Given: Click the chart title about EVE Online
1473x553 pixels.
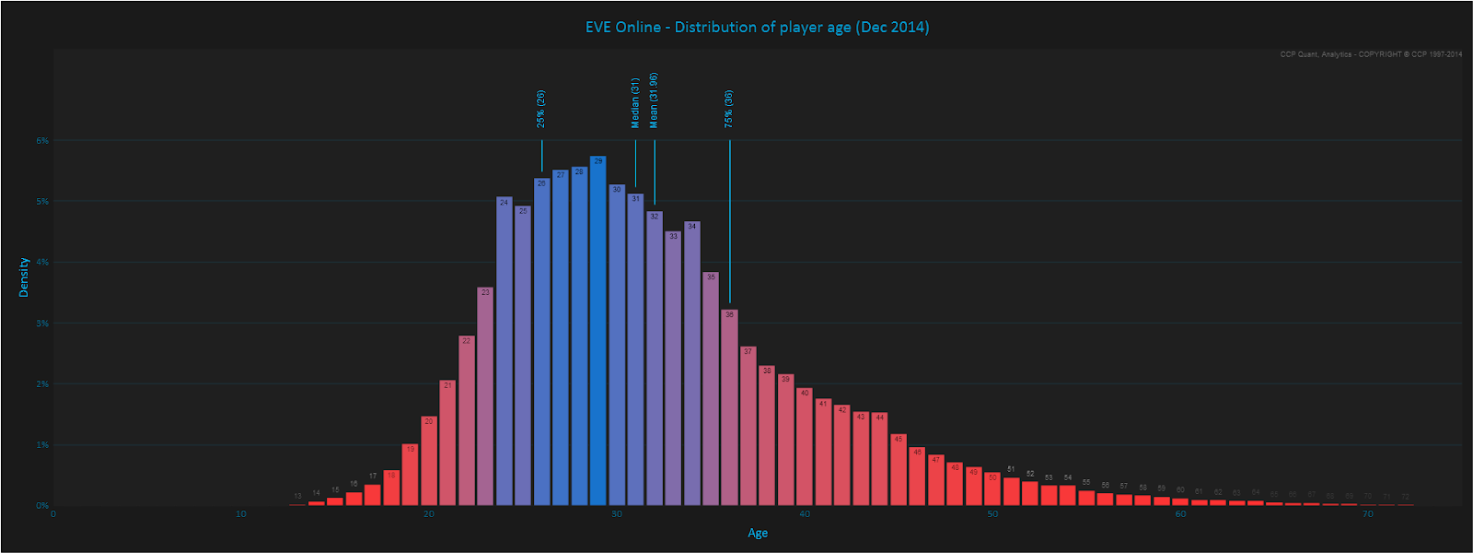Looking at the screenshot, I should [x=757, y=28].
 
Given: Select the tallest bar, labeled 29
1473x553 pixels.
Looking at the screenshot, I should [x=598, y=332].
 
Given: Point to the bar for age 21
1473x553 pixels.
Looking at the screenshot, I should [x=447, y=443].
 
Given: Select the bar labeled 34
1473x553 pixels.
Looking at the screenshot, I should [x=692, y=364].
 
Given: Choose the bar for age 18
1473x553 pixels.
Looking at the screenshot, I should [x=391, y=488].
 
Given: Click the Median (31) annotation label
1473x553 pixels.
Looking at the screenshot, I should [x=635, y=102].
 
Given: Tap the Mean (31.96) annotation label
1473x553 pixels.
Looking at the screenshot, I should [x=654, y=100].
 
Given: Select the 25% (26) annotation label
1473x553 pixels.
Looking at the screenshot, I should [x=541, y=109].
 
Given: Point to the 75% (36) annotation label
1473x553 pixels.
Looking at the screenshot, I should [x=729, y=109].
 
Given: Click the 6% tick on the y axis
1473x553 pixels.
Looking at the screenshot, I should [x=42, y=141].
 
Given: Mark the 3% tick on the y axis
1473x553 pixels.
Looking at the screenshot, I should [x=42, y=324].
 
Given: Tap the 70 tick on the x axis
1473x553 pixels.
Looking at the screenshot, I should [x=1368, y=514].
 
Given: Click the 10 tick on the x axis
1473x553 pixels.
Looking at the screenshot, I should [x=241, y=514].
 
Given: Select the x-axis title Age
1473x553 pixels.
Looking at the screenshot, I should [x=758, y=533].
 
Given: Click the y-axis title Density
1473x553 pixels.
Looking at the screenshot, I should [x=24, y=276].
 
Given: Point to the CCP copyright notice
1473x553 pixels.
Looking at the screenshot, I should [x=1371, y=54].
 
